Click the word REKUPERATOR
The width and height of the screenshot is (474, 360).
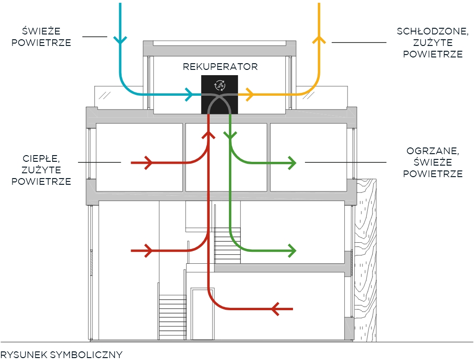pos(220,67)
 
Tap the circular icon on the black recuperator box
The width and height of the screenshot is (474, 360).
pos(220,85)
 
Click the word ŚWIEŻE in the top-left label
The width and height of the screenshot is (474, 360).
pos(41,32)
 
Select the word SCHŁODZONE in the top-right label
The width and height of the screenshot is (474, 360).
pos(432,32)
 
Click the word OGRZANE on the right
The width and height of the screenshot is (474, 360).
pos(432,151)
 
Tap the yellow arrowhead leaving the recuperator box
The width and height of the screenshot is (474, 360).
pos(248,94)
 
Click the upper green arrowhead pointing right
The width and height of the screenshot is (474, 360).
pos(292,163)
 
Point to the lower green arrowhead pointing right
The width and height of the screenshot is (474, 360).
pos(292,250)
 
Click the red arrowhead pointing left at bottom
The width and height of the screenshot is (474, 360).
pos(275,309)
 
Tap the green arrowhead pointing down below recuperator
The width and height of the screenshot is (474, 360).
pos(230,137)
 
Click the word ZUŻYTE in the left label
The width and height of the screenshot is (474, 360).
pos(41,170)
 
